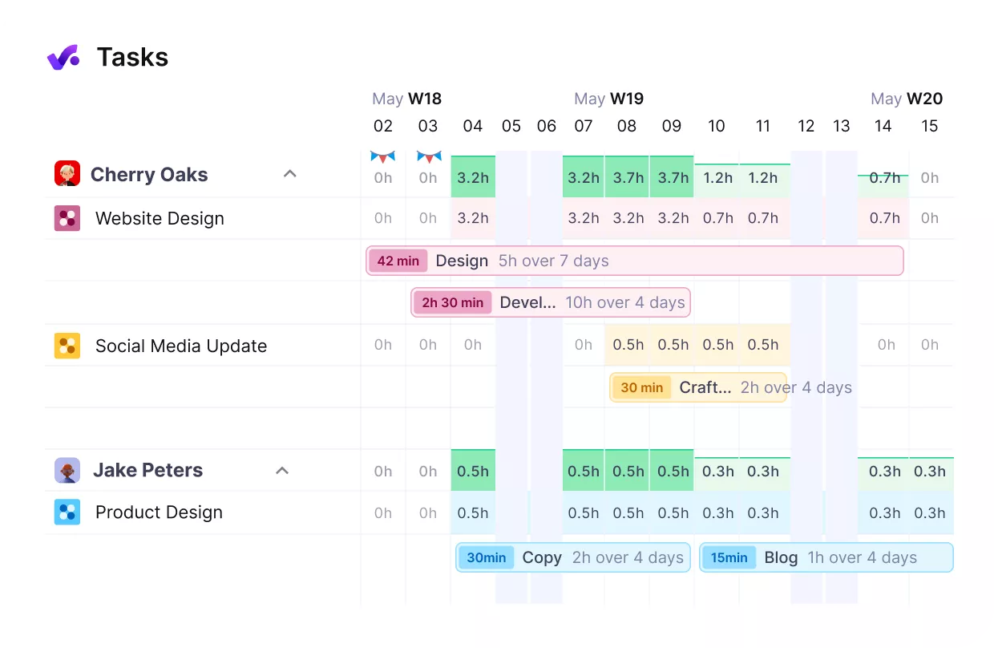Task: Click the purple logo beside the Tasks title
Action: pyautogui.click(x=63, y=57)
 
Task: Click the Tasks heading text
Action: pyautogui.click(x=132, y=57)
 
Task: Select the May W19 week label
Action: pyautogui.click(x=608, y=99)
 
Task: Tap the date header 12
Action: pyautogui.click(x=806, y=126)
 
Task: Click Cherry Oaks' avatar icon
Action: pyautogui.click(x=67, y=174)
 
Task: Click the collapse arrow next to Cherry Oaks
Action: pyautogui.click(x=290, y=174)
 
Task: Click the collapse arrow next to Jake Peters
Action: pyautogui.click(x=282, y=471)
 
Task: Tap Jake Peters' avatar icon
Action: pyautogui.click(x=67, y=471)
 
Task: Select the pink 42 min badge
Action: pyautogui.click(x=398, y=261)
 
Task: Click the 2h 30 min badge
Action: pyautogui.click(x=452, y=302)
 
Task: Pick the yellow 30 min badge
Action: pyautogui.click(x=641, y=387)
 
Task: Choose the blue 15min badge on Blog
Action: pyautogui.click(x=729, y=557)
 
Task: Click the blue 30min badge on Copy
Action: pyautogui.click(x=486, y=557)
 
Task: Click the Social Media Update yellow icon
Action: pyautogui.click(x=67, y=346)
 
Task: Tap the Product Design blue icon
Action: pyautogui.click(x=67, y=512)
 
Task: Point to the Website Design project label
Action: pyautogui.click(x=160, y=219)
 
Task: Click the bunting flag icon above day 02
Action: pyautogui.click(x=383, y=156)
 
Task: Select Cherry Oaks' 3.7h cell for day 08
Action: pyautogui.click(x=627, y=177)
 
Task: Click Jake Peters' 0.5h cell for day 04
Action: pyautogui.click(x=473, y=471)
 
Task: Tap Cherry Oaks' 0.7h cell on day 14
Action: pyautogui.click(x=884, y=177)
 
